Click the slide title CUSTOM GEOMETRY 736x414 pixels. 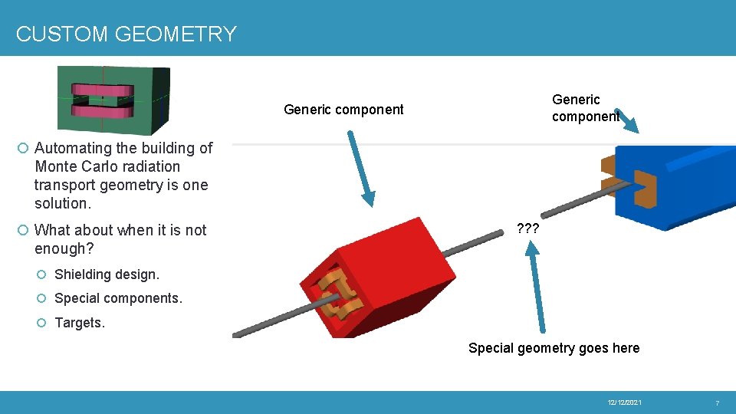(127, 34)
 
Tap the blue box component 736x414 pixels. (675, 184)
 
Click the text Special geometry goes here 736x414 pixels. (554, 348)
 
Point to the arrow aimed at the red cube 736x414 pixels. (360, 169)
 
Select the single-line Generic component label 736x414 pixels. (343, 110)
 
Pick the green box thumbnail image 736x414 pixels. (113, 100)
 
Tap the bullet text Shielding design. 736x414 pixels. (107, 274)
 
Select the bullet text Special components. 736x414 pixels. (118, 298)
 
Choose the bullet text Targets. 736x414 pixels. (80, 323)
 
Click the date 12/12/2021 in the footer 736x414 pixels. (625, 402)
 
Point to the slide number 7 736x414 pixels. (717, 402)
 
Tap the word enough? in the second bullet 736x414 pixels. (64, 248)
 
